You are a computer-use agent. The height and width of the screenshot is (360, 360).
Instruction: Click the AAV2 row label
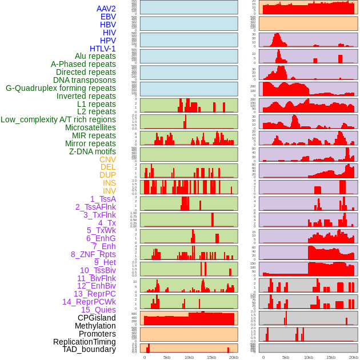[106, 9]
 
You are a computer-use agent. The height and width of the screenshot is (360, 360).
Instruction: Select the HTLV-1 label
[102, 49]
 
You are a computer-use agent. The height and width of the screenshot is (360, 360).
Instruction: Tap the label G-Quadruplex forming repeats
[61, 88]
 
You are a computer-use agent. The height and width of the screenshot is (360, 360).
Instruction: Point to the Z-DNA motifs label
[92, 151]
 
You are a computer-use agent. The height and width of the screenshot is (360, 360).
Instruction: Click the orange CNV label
[107, 159]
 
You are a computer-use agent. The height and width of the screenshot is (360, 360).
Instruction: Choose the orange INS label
[109, 183]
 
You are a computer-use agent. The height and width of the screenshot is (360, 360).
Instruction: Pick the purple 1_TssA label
[103, 199]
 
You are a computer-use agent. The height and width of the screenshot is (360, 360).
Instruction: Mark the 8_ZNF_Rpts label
[93, 254]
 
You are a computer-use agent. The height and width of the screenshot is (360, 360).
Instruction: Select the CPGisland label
[97, 318]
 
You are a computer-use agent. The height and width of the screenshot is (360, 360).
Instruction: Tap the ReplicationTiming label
[85, 342]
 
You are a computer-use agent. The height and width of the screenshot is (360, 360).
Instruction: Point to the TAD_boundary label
[89, 349]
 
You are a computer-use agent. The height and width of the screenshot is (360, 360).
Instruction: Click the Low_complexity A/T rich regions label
[58, 119]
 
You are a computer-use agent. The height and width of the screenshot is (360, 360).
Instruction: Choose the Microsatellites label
[90, 127]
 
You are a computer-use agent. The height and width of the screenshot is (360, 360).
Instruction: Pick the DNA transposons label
[85, 80]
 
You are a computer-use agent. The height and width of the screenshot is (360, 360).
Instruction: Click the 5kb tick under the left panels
[167, 357]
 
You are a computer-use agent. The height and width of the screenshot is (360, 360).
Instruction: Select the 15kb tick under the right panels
[330, 357]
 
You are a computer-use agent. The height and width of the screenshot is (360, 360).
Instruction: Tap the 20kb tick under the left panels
[234, 357]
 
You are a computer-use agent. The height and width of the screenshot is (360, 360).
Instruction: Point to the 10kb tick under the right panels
[309, 357]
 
